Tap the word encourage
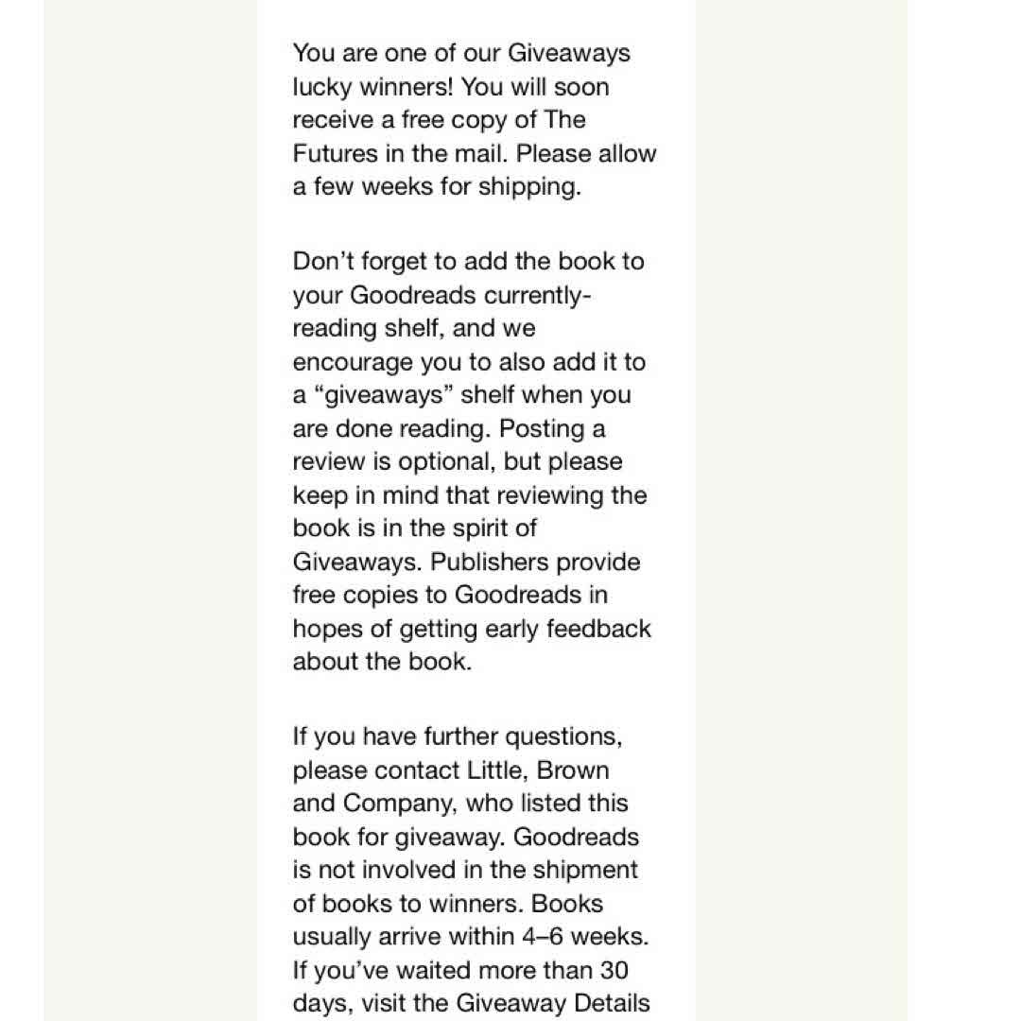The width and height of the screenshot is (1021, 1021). [353, 362]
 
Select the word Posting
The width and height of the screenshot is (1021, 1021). [542, 428]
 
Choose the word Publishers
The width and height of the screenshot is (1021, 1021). [535, 562]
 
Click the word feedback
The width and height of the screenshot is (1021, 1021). [597, 629]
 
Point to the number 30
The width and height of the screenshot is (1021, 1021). [610, 970]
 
